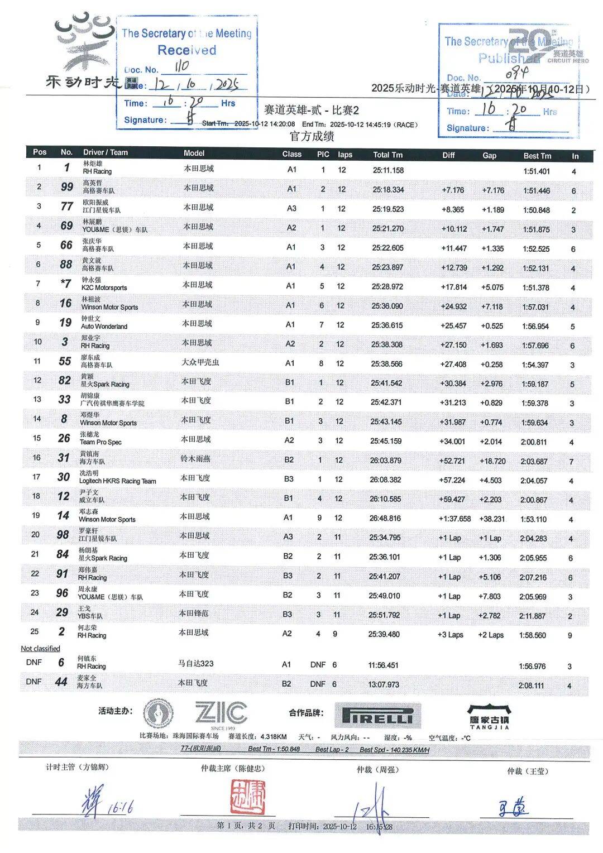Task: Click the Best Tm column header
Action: [537, 156]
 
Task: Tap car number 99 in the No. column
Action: [67, 187]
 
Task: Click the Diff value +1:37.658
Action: [454, 519]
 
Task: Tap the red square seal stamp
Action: [248, 796]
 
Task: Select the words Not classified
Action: [40, 649]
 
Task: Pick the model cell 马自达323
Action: [195, 663]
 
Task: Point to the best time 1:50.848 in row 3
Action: [536, 210]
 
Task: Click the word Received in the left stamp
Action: [186, 50]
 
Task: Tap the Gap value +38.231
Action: [491, 519]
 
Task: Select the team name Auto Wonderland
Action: [104, 327]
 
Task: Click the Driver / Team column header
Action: [106, 152]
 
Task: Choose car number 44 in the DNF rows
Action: [61, 682]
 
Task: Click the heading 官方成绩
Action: [312, 136]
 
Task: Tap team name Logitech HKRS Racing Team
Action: [117, 481]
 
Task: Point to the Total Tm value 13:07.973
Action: [384, 684]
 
